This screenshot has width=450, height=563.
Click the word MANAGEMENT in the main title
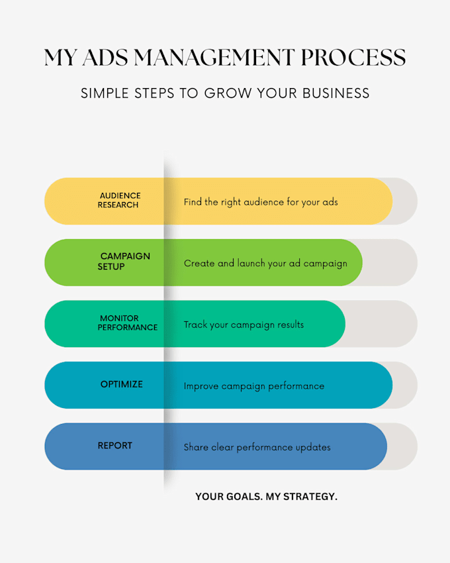click(x=214, y=58)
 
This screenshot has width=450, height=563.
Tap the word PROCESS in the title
click(x=353, y=58)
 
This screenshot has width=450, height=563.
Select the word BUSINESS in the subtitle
click(x=336, y=93)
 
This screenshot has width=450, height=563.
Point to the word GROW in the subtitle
click(x=228, y=93)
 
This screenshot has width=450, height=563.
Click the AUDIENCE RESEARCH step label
click(x=119, y=200)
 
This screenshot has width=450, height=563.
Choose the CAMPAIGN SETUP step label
click(x=124, y=262)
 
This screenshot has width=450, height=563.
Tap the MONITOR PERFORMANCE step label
click(x=128, y=323)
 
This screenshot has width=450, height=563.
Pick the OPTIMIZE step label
click(x=122, y=384)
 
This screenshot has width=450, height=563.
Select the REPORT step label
click(x=115, y=446)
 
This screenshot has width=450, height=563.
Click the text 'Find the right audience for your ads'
click(x=261, y=202)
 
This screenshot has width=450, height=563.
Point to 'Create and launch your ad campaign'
click(x=265, y=264)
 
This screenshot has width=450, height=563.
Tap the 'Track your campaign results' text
click(x=244, y=325)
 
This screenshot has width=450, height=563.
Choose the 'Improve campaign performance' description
click(x=254, y=386)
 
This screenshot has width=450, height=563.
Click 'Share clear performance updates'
click(x=257, y=447)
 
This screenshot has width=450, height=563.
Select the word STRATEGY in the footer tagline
click(x=310, y=497)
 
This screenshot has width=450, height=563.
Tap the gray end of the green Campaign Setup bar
click(x=393, y=262)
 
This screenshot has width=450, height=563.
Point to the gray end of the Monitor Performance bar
click(x=384, y=324)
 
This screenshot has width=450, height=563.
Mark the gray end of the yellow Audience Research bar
click(x=407, y=201)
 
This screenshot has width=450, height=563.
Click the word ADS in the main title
click(x=105, y=58)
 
